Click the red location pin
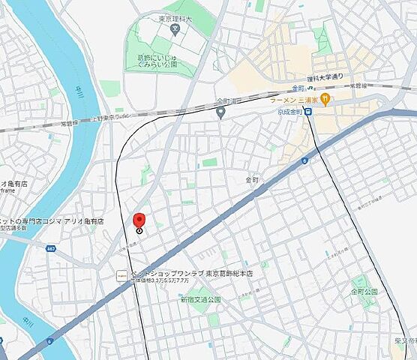point(139,220)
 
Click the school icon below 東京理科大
point(174,31)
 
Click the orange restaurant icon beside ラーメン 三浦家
point(325,97)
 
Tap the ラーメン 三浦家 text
point(295,99)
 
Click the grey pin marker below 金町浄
point(220,112)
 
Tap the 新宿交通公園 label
point(200,299)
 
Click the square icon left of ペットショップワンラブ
point(121,275)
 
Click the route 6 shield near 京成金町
point(305,160)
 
